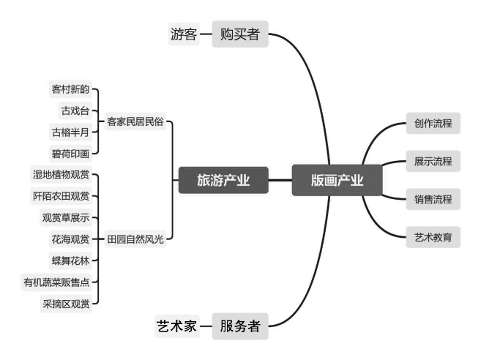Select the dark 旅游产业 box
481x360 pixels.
pyautogui.click(x=223, y=181)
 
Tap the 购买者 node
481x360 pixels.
pyautogui.click(x=240, y=34)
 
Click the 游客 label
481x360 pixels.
pyautogui.click(x=183, y=34)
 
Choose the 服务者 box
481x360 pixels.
pyautogui.click(x=240, y=326)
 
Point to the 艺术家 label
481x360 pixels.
pyautogui.click(x=176, y=326)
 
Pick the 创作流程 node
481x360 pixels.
pyautogui.click(x=433, y=123)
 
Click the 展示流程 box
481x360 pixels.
pyautogui.click(x=433, y=161)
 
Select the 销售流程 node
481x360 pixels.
pyautogui.click(x=433, y=198)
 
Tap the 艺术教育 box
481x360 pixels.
pyautogui.click(x=433, y=236)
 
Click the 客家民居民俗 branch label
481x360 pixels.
pyautogui.click(x=135, y=121)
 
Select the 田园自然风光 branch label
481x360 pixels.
pyautogui.click(x=135, y=239)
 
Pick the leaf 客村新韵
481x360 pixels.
pyautogui.click(x=70, y=90)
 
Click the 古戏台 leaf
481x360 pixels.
pyautogui.click(x=75, y=111)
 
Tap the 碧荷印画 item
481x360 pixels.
pyautogui.click(x=70, y=154)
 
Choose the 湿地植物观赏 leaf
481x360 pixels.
pyautogui.click(x=61, y=175)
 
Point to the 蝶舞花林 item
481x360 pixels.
pyautogui.click(x=70, y=260)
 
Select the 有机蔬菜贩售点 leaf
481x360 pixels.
pyautogui.click(x=57, y=281)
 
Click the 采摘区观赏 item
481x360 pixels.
pyautogui.click(x=66, y=302)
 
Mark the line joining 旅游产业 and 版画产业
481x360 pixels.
pyautogui.click(x=280, y=181)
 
